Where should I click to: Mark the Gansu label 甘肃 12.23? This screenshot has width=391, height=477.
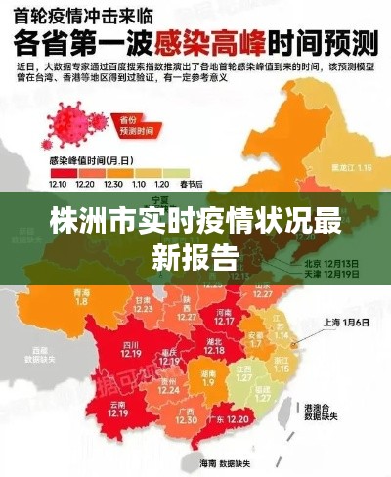pos(144,302)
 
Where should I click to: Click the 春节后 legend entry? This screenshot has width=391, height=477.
pos(192,184)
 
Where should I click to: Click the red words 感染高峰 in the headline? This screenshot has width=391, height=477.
pos(224,45)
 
